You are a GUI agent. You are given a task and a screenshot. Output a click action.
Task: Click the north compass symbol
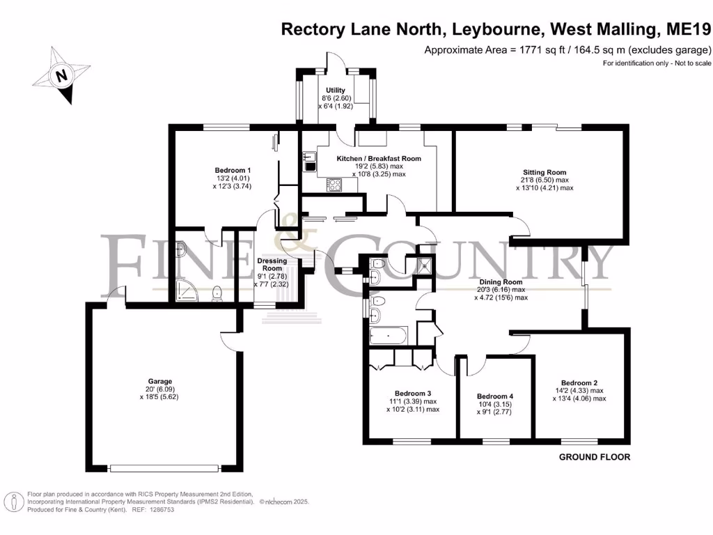[62, 75]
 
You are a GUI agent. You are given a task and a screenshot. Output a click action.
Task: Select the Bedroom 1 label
[233, 171]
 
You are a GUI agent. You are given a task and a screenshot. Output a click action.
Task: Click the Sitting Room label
[544, 172]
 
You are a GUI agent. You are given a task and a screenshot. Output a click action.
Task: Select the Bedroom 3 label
[413, 393]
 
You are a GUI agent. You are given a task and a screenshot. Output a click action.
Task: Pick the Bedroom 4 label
[495, 396]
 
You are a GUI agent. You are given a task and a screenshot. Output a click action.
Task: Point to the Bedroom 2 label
[579, 382]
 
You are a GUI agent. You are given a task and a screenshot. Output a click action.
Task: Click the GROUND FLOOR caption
[595, 458]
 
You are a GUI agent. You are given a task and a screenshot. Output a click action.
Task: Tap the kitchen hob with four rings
[334, 185]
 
